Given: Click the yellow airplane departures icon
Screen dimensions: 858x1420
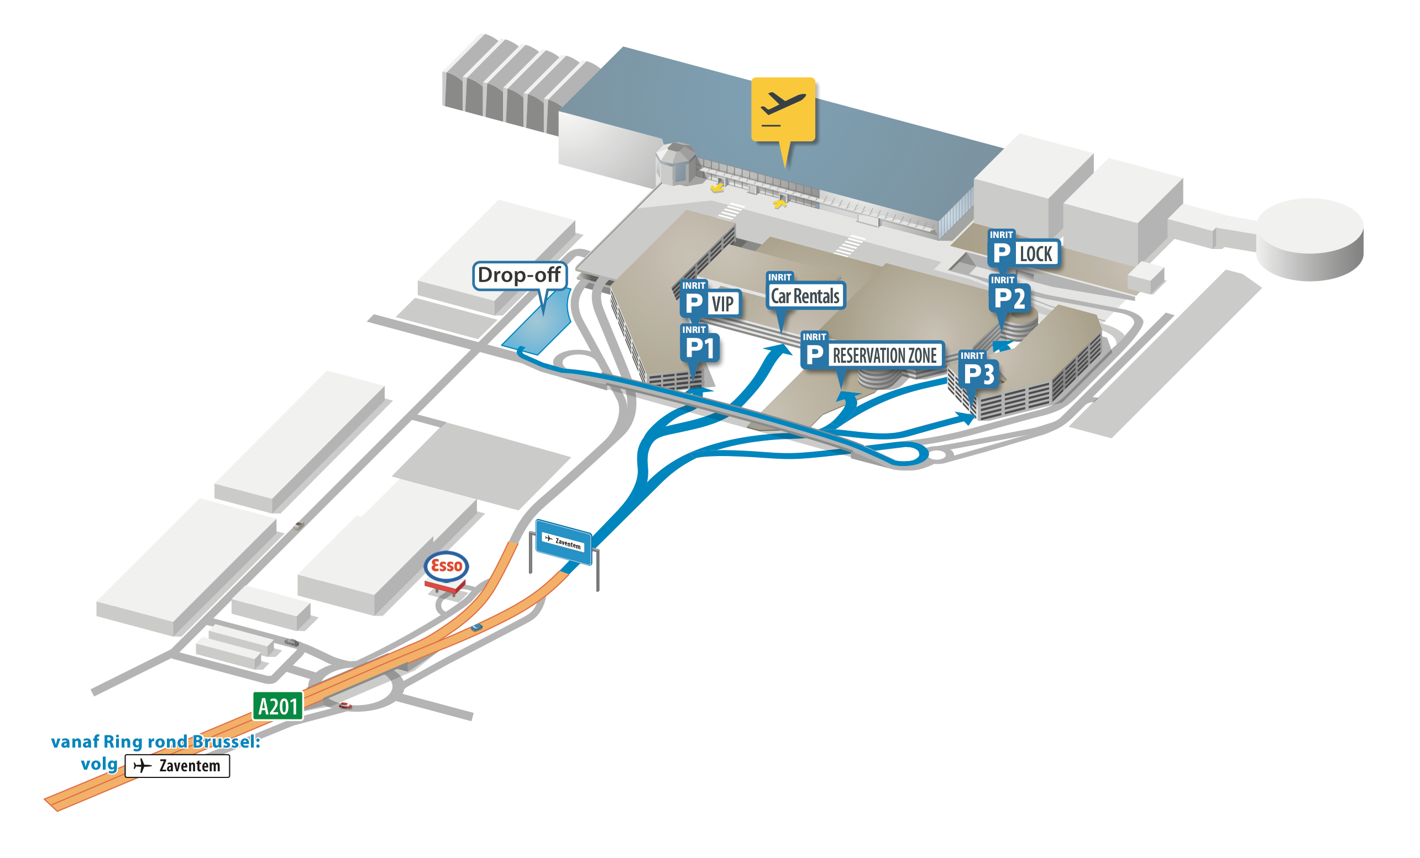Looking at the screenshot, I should [783, 109].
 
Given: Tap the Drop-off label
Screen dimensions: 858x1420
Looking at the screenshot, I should [519, 276].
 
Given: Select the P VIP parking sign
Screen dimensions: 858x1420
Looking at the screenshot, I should [709, 303].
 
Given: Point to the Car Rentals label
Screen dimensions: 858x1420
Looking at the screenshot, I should [805, 296].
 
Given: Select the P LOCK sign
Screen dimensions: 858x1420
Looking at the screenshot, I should [1024, 253].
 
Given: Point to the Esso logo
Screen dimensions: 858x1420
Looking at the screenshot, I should [446, 565].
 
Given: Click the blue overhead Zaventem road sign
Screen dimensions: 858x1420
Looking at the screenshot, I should [563, 542].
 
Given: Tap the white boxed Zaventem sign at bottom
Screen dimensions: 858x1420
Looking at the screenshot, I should [177, 766].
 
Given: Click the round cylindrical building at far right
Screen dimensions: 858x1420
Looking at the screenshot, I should [1309, 239].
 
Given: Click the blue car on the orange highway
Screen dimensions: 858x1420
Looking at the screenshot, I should [476, 627].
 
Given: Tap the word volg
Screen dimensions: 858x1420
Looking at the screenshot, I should [98, 764].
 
